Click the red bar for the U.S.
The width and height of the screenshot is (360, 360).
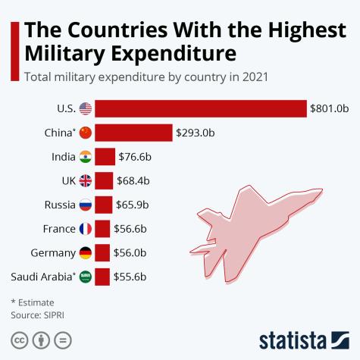point(200,108)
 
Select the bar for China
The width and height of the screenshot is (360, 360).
point(133,133)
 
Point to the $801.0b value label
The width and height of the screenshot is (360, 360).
point(329,108)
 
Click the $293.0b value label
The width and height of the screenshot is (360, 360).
point(195,133)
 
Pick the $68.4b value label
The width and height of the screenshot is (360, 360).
point(134,180)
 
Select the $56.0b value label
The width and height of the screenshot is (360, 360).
point(130,252)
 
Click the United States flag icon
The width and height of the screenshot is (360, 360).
point(86,108)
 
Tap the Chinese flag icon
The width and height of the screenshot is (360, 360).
point(86,133)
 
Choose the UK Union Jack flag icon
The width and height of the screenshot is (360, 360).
point(86,180)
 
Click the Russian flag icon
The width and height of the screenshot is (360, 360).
point(86,205)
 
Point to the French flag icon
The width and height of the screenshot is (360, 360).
point(86,229)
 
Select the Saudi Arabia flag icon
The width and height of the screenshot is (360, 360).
point(86,277)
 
